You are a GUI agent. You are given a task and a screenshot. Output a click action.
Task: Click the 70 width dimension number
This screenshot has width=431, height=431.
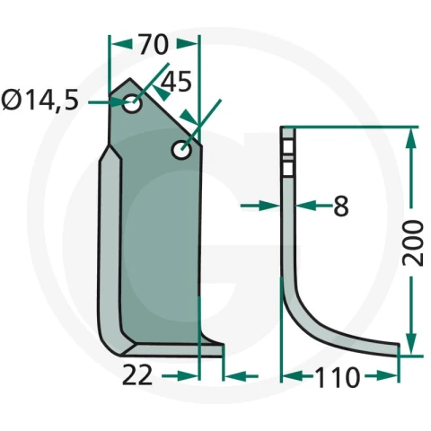154,45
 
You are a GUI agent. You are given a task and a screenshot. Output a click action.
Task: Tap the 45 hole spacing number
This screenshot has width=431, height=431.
176,82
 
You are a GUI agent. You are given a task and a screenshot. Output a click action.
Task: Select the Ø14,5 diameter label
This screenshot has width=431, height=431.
40,100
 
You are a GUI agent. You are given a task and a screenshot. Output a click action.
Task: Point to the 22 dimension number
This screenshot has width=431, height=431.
137,375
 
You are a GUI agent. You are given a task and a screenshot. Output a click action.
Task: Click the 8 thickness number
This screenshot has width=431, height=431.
341,206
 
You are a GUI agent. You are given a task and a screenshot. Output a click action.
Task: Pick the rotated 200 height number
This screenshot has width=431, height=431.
413,242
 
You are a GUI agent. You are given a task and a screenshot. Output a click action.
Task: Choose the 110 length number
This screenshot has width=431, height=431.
337,377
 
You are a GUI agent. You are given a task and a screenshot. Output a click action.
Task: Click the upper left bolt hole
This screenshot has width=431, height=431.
132,103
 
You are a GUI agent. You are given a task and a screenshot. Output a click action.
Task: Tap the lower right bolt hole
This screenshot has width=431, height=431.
181,149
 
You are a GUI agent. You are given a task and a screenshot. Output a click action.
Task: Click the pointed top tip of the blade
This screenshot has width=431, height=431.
129,79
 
